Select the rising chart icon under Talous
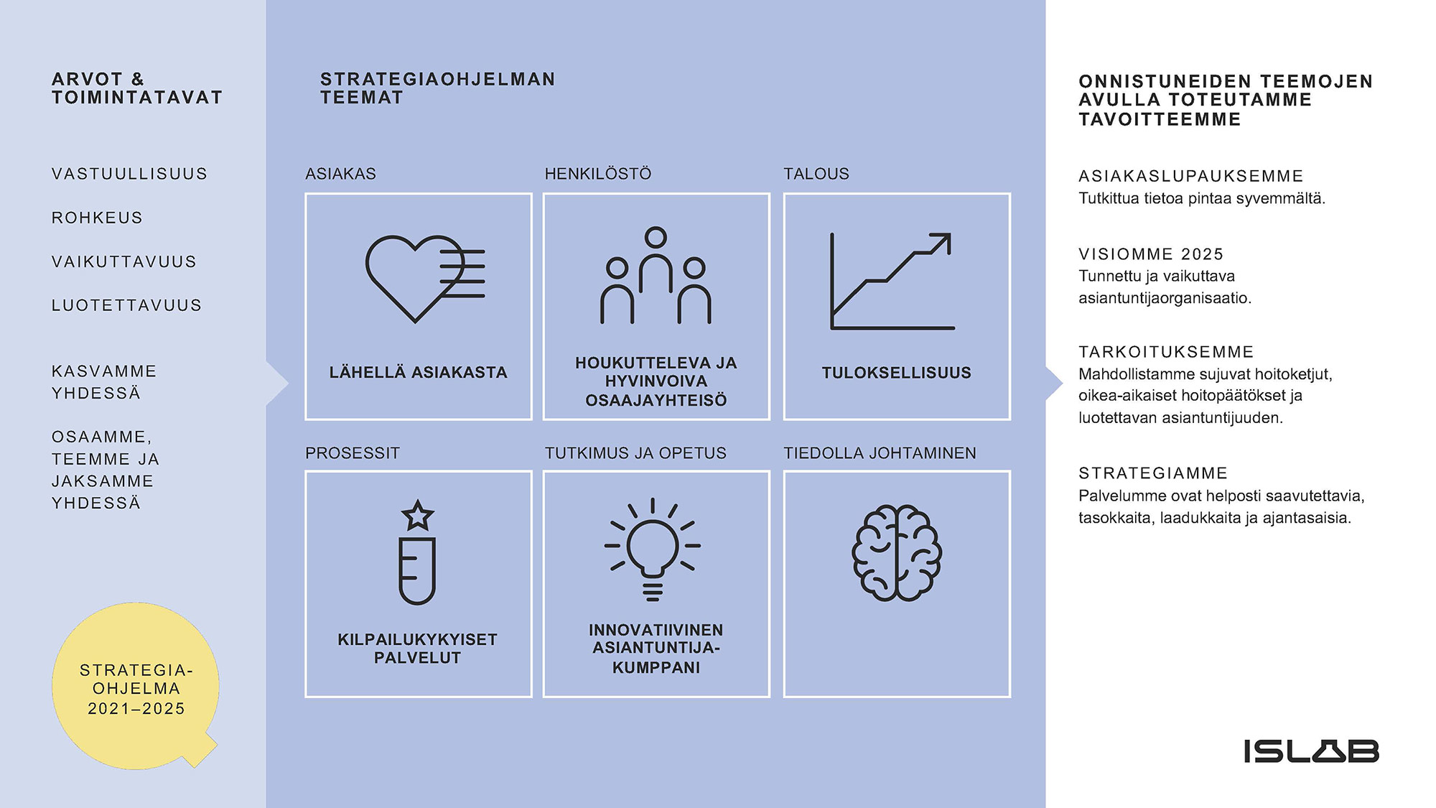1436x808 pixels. click(892, 281)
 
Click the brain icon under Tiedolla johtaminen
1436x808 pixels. click(897, 553)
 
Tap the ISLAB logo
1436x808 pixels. click(1311, 751)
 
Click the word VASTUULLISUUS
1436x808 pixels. click(129, 174)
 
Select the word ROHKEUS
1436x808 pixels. click(97, 218)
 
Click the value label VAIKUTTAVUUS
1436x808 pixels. click(124, 261)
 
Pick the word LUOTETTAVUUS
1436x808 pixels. click(126, 305)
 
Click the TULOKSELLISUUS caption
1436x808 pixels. click(897, 373)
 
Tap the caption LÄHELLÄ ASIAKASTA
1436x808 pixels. click(419, 372)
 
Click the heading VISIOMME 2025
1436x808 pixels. click(1151, 254)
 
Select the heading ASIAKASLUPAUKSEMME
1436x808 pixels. click(1191, 176)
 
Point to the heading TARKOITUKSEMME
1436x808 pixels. click(1166, 352)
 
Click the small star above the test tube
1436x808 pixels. click(418, 515)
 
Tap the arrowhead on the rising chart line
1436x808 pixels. click(942, 241)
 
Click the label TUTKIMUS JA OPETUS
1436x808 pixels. click(635, 453)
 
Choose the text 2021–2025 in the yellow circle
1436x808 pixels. click(136, 709)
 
